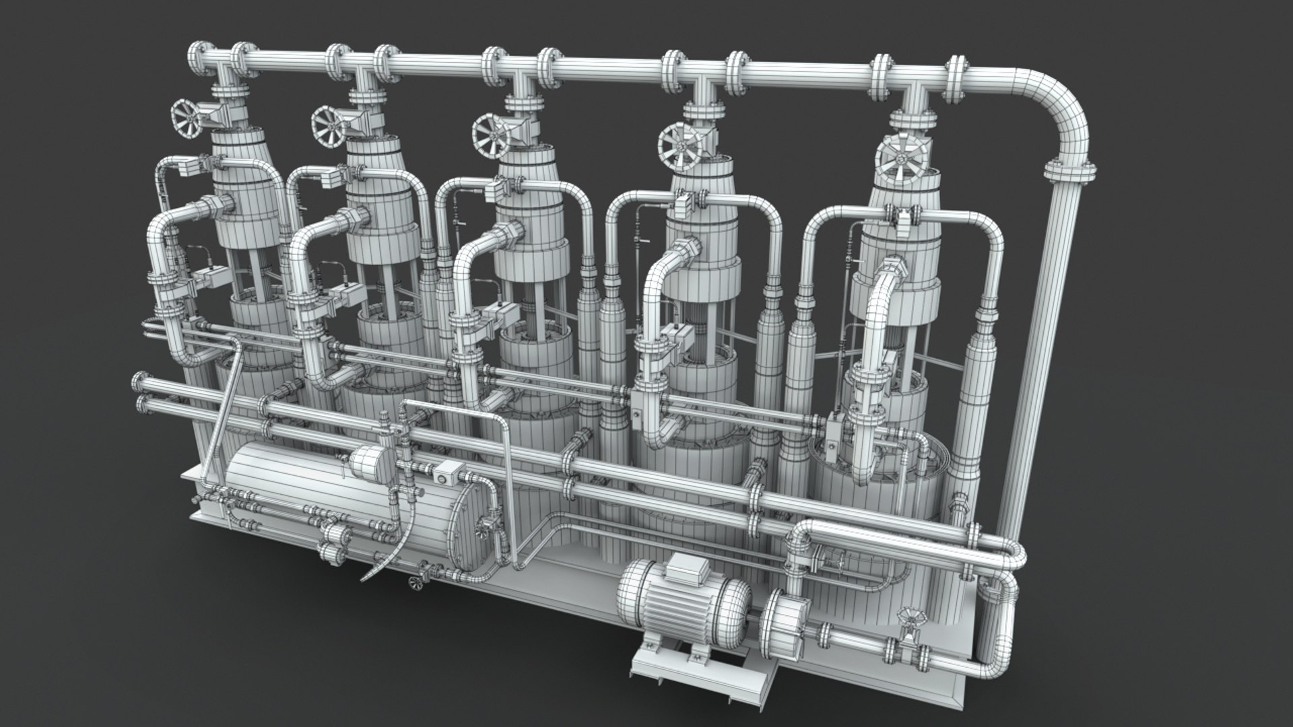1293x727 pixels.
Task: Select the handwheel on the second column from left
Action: tap(329, 127)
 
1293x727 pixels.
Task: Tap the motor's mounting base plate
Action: tap(700, 666)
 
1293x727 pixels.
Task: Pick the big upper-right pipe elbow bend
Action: tap(1064, 114)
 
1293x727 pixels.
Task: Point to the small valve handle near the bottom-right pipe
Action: tap(910, 617)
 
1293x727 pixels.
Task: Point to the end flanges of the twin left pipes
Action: tap(141, 390)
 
